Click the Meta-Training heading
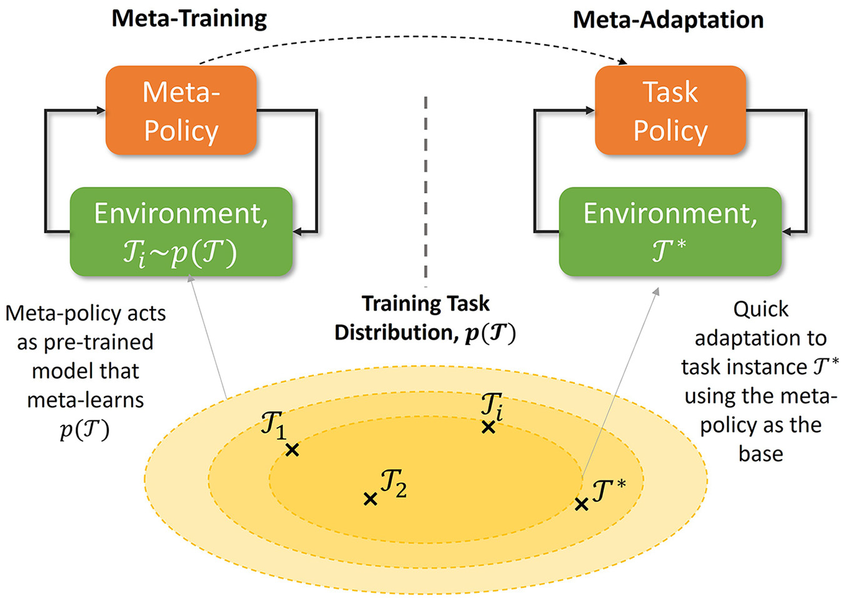tap(189, 19)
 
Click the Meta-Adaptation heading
tap(669, 20)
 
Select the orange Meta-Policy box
tap(181, 110)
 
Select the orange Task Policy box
tap(671, 110)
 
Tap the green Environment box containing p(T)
tap(181, 231)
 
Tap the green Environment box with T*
tap(671, 231)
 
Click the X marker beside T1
tap(292, 450)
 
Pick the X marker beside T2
tap(371, 499)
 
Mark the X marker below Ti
tap(489, 427)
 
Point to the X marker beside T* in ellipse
tap(581, 504)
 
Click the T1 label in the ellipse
tap(274, 425)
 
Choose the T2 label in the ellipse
tap(393, 484)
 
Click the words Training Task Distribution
tap(426, 318)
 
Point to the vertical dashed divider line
tap(426, 192)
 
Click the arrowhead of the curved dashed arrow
tap(623, 62)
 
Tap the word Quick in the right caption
tap(761, 310)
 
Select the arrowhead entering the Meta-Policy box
tap(101, 110)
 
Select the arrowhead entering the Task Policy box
tap(590, 110)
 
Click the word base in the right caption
tap(761, 454)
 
